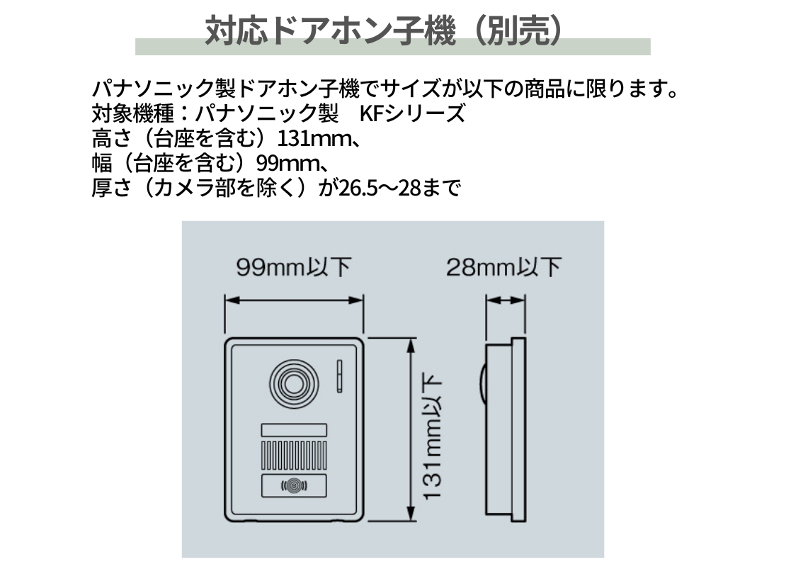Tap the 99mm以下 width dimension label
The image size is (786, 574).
(294, 267)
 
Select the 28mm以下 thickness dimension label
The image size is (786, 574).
(503, 267)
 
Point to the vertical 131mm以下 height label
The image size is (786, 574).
(432, 436)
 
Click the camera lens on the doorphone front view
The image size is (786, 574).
(294, 385)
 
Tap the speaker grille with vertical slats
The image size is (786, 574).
(294, 455)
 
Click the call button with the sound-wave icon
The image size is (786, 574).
(294, 485)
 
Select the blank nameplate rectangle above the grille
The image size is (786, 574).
(294, 430)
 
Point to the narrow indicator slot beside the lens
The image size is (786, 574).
(339, 376)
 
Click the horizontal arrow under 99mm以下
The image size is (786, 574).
(294, 300)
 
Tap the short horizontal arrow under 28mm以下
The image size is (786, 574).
(506, 300)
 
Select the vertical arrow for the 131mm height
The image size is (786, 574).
(411, 429)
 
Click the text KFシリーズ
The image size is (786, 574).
(413, 114)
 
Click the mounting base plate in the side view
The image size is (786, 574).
(518, 429)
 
